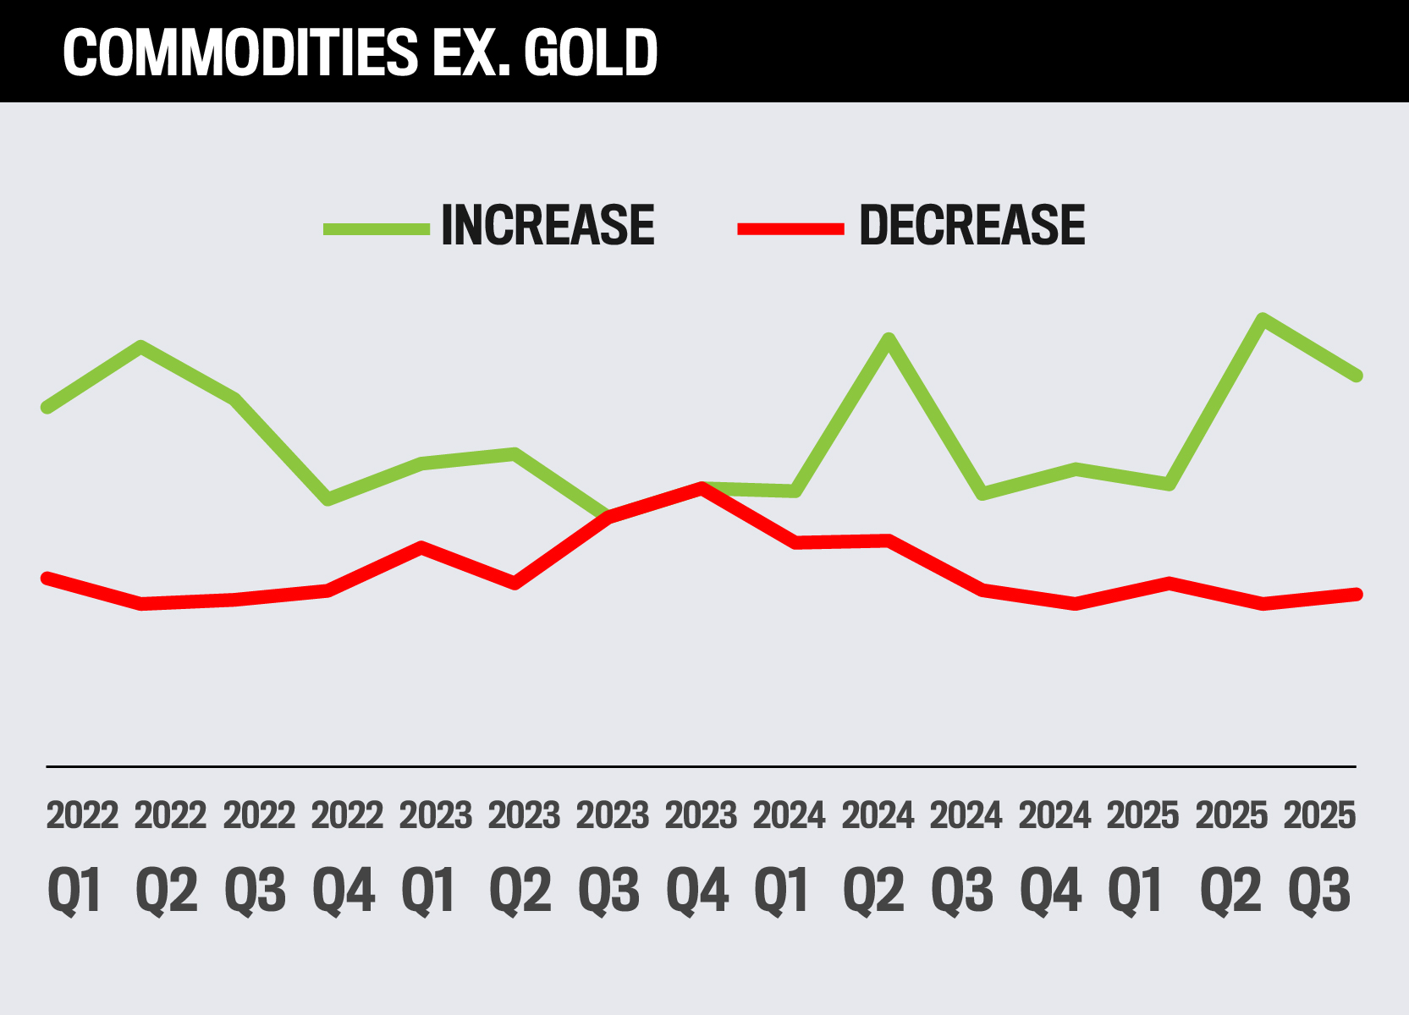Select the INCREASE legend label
tap(548, 226)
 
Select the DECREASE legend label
tap(971, 226)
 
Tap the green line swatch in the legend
tap(377, 228)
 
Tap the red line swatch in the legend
tap(790, 228)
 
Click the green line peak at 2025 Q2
tap(1263, 320)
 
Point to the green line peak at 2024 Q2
tap(889, 339)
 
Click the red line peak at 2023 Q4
tap(702, 488)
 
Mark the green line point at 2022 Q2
tap(141, 346)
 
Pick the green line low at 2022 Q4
tap(328, 499)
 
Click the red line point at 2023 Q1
tap(421, 547)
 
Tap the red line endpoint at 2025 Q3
tap(1357, 594)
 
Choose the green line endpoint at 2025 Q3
tap(1357, 375)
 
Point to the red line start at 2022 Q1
tap(47, 578)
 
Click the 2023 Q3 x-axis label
tap(612, 854)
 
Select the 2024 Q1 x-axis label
tap(789, 854)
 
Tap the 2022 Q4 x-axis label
tap(347, 854)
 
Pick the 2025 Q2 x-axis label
tap(1231, 854)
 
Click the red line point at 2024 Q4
tap(1076, 603)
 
